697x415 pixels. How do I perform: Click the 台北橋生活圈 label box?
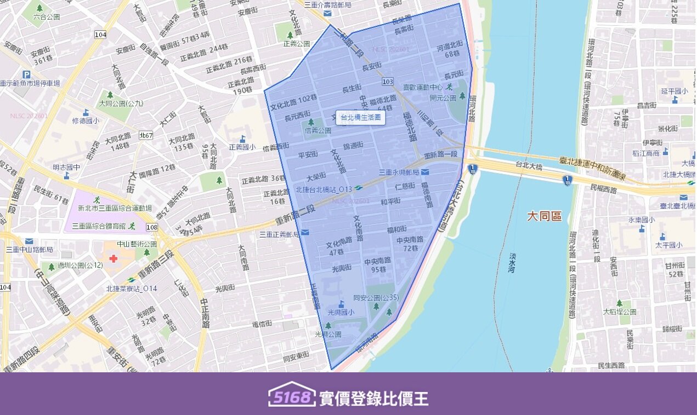[x=360, y=117]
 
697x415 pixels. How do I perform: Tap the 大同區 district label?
[x=544, y=216]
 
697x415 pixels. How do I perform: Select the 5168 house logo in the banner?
[x=292, y=395]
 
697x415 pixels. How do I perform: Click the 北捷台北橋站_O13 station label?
[x=324, y=189]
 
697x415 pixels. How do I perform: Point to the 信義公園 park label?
[x=318, y=130]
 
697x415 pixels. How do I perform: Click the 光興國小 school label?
[x=341, y=312]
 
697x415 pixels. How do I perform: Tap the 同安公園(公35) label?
[x=376, y=298]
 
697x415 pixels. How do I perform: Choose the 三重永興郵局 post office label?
[x=399, y=172]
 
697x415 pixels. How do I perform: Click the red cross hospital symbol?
[x=114, y=257]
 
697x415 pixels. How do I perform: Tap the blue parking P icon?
[x=26, y=74]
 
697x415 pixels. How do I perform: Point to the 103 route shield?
[x=387, y=82]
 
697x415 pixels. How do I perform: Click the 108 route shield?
[x=152, y=227]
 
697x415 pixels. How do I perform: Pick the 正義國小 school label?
[x=242, y=147]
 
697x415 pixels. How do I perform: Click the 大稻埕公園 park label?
[x=619, y=312]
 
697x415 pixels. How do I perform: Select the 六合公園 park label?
[x=46, y=16]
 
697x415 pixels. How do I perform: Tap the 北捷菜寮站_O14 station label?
[x=131, y=289]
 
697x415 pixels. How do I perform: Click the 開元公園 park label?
[x=443, y=98]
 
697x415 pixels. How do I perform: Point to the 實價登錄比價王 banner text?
[x=373, y=398]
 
